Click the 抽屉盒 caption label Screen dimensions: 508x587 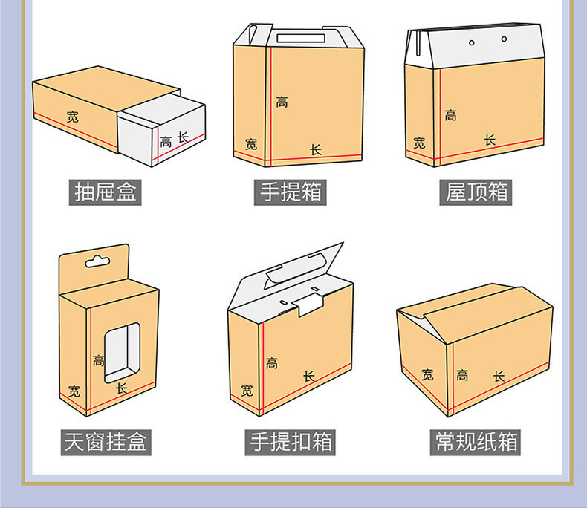107,192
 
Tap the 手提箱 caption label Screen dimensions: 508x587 291,192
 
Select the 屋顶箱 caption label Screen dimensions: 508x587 477,192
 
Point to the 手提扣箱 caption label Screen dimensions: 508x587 291,442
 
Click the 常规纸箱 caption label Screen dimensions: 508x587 477,442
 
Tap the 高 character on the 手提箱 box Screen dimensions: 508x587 282,102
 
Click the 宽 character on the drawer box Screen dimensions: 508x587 72,117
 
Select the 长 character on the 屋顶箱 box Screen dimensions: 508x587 490,140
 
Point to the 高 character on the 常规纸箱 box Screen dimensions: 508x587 463,375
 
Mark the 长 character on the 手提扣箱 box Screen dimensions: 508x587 309,377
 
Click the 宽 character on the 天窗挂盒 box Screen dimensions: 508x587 74,391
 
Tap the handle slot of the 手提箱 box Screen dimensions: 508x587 302,37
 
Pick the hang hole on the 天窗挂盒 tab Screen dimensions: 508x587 96,261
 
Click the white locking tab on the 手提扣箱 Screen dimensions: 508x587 309,303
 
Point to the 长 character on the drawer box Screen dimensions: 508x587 182,137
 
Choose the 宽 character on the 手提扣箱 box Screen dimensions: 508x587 247,390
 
